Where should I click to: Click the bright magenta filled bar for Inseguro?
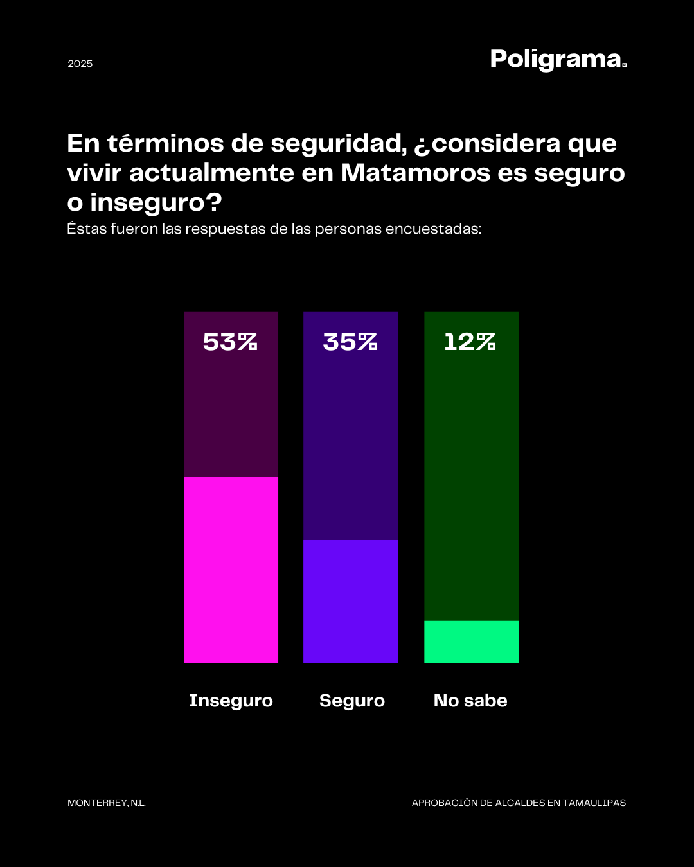tap(231, 570)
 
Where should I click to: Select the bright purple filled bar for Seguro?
tap(350, 601)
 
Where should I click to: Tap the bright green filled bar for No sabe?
tap(471, 642)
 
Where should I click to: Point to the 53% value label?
tap(230, 342)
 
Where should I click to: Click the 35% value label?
tap(350, 342)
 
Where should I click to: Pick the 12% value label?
tap(470, 342)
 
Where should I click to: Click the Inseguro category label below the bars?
tap(231, 701)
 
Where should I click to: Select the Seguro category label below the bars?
tap(352, 701)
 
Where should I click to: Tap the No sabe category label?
tap(470, 701)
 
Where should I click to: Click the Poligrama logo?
tap(558, 60)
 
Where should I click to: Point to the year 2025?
tap(80, 64)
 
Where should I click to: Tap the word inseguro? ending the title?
tap(156, 202)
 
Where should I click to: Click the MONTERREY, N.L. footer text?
tap(107, 803)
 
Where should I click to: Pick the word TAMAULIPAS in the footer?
tap(594, 803)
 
